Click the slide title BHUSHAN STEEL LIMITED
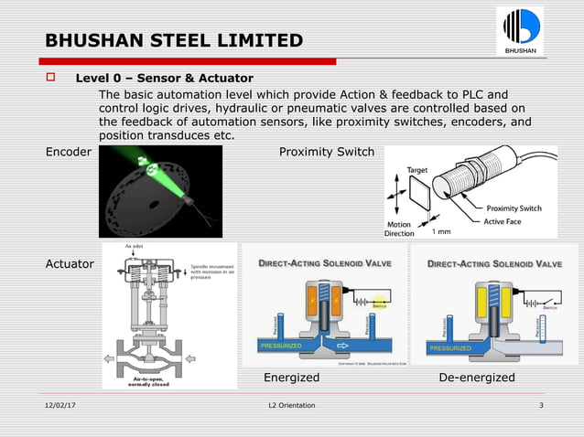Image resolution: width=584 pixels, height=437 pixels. (x=174, y=40)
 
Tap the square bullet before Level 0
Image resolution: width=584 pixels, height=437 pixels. (x=51, y=78)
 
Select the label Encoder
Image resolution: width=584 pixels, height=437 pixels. (x=69, y=152)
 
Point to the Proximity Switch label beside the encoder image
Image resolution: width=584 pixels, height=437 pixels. (x=326, y=152)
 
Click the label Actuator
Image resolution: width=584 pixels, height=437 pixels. (x=70, y=264)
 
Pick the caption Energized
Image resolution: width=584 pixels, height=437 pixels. (x=291, y=378)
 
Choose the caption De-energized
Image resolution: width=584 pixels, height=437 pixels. (x=477, y=378)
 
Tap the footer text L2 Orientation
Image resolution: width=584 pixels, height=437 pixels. (x=291, y=405)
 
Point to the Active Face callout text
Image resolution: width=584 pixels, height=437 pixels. (x=510, y=220)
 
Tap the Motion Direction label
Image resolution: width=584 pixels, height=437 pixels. (x=399, y=229)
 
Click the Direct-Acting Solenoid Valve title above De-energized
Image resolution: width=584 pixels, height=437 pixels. (x=494, y=264)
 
